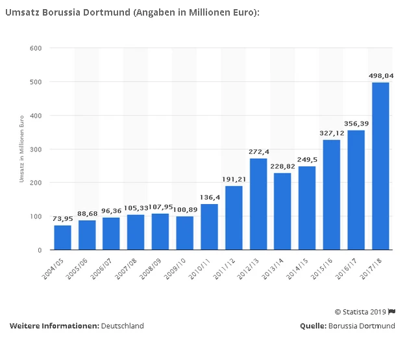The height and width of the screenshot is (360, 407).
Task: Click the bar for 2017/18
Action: pos(380,166)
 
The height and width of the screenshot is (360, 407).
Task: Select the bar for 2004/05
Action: pos(62,238)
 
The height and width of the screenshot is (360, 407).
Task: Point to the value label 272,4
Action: pos(258,151)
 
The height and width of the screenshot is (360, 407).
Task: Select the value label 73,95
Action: pos(62,218)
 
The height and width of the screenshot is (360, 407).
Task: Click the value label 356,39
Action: pos(356,123)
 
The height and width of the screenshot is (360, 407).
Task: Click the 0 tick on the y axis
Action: pos(40,250)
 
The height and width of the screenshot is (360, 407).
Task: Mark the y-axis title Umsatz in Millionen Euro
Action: pos(21,149)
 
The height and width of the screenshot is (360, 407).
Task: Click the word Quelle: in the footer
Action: pos(313,326)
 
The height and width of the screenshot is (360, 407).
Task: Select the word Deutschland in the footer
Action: pos(123,326)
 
